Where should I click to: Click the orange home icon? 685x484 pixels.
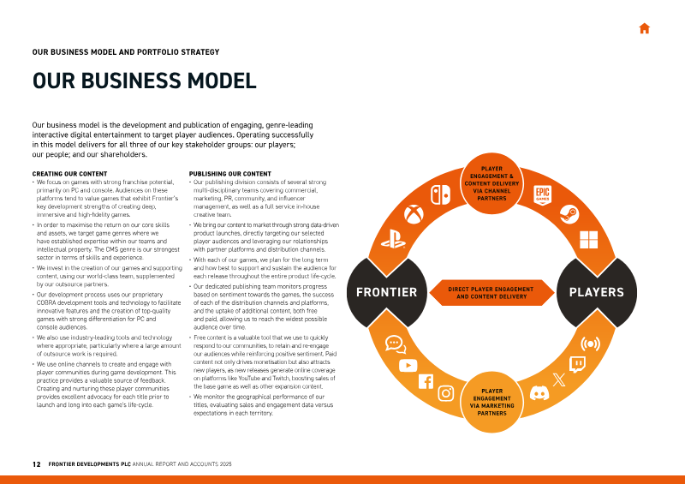(645, 28)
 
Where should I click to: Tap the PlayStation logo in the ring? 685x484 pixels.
(393, 239)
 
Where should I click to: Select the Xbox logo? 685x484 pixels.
(414, 215)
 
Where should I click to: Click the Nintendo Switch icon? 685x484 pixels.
(440, 194)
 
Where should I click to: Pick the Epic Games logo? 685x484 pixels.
(543, 195)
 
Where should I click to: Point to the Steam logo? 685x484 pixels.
(569, 214)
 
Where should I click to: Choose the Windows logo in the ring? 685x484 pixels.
(588, 240)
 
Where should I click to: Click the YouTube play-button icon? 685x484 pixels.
(408, 365)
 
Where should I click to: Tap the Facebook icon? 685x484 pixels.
(426, 381)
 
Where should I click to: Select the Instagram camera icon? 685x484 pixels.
(445, 393)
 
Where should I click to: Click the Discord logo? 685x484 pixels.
(539, 393)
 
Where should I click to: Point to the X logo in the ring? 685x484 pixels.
(559, 379)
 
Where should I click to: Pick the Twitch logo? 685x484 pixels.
(577, 364)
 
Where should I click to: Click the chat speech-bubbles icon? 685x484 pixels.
(396, 344)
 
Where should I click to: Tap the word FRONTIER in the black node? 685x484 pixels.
(387, 292)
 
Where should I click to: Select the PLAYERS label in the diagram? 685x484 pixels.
(596, 292)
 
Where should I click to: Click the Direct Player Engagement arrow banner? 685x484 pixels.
(491, 292)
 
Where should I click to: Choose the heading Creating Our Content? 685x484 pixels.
(69, 174)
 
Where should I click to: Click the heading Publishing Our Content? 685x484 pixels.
(229, 174)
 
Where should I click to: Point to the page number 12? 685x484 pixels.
(36, 464)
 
